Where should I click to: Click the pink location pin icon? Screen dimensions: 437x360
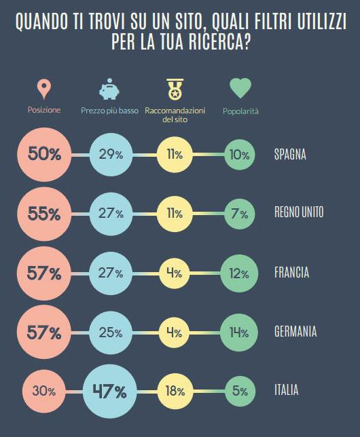(x=44, y=88)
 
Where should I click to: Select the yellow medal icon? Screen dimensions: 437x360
(x=175, y=89)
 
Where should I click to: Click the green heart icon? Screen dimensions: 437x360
(x=240, y=88)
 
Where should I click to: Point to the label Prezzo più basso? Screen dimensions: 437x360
(x=109, y=110)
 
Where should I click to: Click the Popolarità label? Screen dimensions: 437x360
(x=240, y=110)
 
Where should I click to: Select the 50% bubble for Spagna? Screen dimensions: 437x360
(x=44, y=154)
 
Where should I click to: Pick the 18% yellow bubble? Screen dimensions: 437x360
(x=175, y=391)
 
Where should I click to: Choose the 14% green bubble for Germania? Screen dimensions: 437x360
(x=238, y=332)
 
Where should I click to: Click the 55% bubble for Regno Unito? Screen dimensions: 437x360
(x=44, y=213)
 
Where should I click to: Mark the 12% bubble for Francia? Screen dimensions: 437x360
(x=238, y=273)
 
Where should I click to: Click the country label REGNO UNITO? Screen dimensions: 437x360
(x=299, y=213)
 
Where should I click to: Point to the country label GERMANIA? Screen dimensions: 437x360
(x=295, y=332)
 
